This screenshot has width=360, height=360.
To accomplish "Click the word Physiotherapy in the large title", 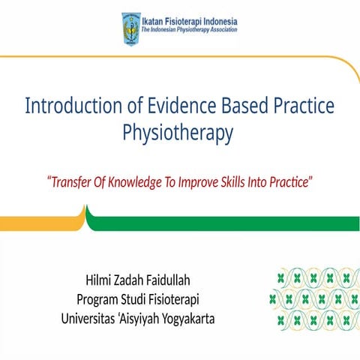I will [178, 133].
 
